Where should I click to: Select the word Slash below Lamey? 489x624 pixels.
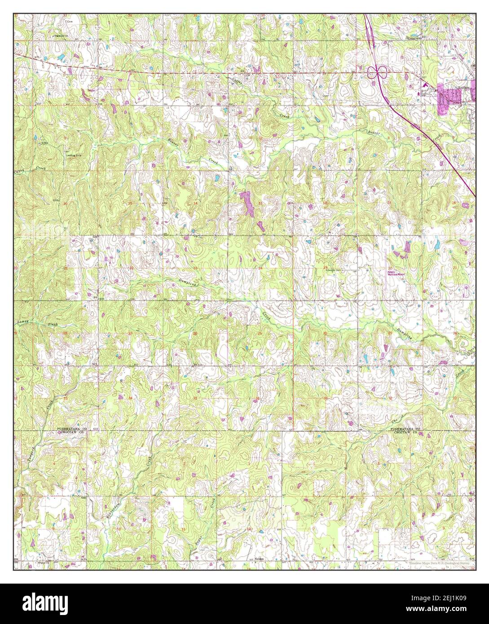click(53, 324)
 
